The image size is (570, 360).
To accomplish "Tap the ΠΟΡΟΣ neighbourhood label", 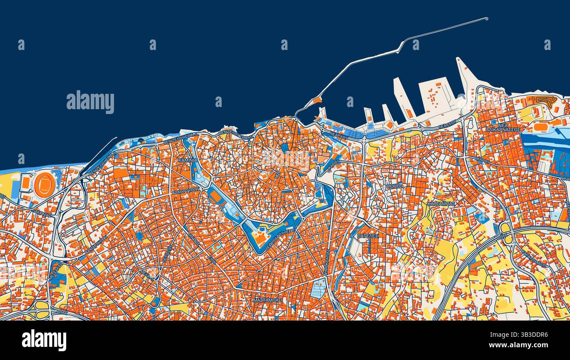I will point(394,186).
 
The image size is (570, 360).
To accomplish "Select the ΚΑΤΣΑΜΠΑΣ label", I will point(441,204).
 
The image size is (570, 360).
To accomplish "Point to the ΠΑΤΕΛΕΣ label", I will point(367,236).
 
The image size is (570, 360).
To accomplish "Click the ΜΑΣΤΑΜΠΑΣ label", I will point(267,300).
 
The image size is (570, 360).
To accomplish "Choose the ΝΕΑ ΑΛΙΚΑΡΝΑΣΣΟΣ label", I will point(503,127).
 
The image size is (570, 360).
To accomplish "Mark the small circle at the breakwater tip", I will point(486,19).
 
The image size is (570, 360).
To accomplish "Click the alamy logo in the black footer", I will point(44,340).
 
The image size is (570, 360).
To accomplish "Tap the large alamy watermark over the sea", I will point(90,102).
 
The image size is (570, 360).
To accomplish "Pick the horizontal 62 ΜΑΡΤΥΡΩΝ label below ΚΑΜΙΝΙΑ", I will point(185,192).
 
